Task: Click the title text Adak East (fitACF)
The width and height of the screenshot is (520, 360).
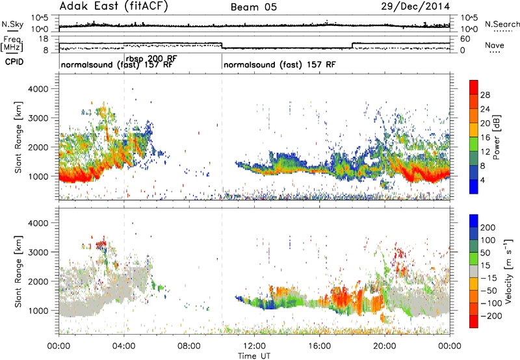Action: pos(114,6)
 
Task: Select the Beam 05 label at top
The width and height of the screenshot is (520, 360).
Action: pos(253,7)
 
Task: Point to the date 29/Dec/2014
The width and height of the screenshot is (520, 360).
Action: pos(415,6)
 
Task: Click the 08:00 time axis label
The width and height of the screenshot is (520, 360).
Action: pos(189,346)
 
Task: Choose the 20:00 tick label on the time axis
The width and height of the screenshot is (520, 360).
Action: pos(385,346)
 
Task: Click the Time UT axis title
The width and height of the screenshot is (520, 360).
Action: pos(254,356)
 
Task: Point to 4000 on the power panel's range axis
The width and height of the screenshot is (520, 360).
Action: pos(38,89)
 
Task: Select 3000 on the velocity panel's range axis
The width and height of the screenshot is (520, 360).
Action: pos(38,252)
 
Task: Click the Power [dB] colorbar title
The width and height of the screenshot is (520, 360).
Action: pos(497,137)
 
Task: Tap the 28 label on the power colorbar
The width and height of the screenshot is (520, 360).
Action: pos(485,95)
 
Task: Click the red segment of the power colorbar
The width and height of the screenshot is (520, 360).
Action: pos(474,87)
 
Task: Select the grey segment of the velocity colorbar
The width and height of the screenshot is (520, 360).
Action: pos(474,272)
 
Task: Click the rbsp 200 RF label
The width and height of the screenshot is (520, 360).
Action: pos(151,58)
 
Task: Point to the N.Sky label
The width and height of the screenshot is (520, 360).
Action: pos(12,24)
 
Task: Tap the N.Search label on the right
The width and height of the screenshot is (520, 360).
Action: pos(502,24)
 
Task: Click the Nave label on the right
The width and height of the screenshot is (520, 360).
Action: pos(495,45)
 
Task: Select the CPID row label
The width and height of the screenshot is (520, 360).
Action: pos(14,62)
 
